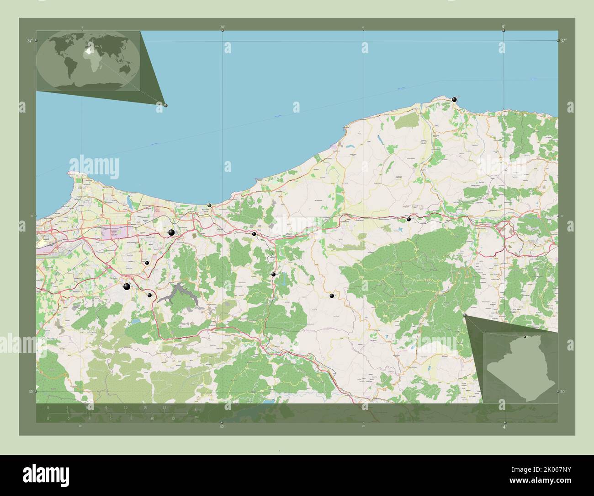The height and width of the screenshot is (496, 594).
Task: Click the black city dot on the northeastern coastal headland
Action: pos(454,99)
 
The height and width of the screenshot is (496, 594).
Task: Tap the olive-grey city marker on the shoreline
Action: pos(209,205)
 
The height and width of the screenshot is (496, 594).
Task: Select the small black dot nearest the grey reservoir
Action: pos(149,295)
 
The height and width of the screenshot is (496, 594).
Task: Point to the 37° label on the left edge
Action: pos(30,41)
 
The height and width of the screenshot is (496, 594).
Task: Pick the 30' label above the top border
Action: pos(222,27)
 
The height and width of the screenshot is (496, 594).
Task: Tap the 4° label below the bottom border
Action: pos(504,427)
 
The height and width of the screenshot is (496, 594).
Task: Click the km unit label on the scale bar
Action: pos(197,409)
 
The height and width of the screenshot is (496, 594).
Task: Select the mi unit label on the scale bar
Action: pos(197,416)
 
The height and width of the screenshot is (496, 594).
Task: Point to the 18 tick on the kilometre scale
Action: pos(164,407)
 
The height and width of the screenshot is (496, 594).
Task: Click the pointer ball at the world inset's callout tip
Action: pos(165,105)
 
